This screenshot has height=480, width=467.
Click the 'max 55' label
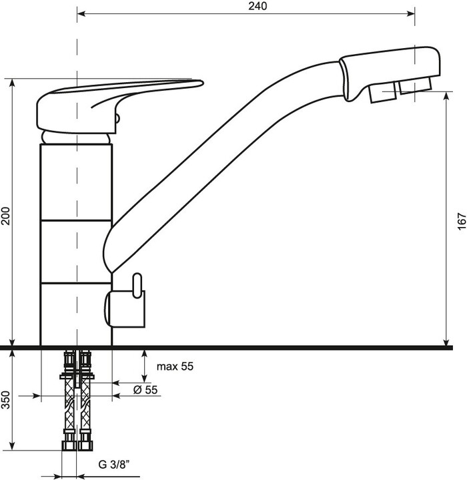point(175,367)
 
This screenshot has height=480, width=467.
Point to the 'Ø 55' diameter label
point(145,391)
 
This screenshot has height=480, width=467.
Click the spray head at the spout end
point(390,70)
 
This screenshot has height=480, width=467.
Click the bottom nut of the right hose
point(85,444)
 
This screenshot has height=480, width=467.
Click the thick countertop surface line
point(267,348)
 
